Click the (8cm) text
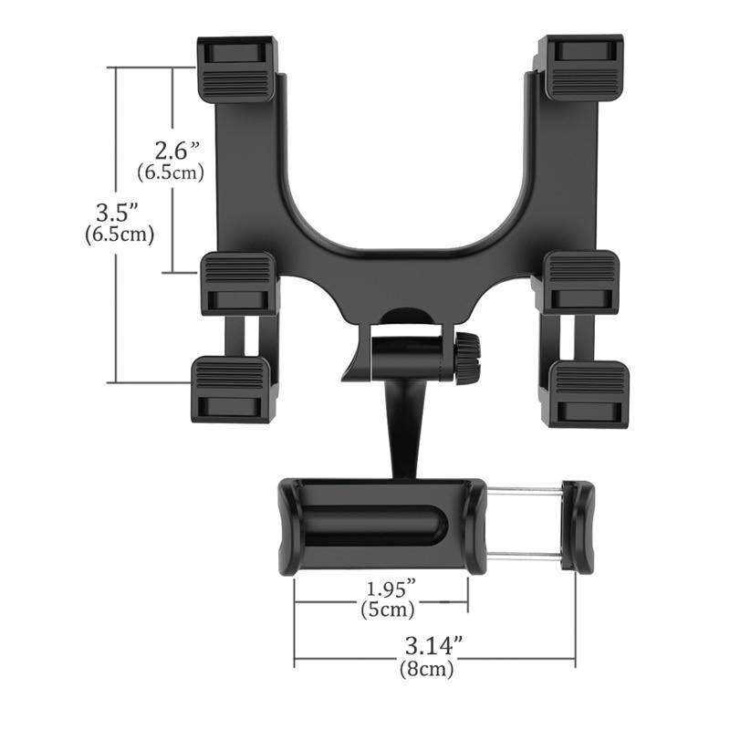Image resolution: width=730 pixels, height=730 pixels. pyautogui.click(x=427, y=668)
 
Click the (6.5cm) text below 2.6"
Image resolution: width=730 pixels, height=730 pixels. pyautogui.click(x=170, y=171)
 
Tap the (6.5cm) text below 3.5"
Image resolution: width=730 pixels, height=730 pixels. pyautogui.click(x=117, y=235)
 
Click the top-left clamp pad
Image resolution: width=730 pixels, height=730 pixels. pyautogui.click(x=235, y=68)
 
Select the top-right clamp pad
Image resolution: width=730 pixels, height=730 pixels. pyautogui.click(x=580, y=67)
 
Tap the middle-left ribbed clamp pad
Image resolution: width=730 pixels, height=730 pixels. pyautogui.click(x=238, y=283)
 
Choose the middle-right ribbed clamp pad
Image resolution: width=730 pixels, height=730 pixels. pyautogui.click(x=581, y=283)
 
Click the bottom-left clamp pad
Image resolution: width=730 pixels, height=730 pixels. pyautogui.click(x=231, y=390)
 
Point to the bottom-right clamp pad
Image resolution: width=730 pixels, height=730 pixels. pyautogui.click(x=589, y=391)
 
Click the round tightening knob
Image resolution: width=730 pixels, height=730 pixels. pyautogui.click(x=468, y=357)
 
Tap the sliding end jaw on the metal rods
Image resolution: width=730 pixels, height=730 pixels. pyautogui.click(x=578, y=527)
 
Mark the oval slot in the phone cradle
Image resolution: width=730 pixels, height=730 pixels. pyautogui.click(x=374, y=526)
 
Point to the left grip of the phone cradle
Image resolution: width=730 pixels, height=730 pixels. pyautogui.click(x=287, y=525)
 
